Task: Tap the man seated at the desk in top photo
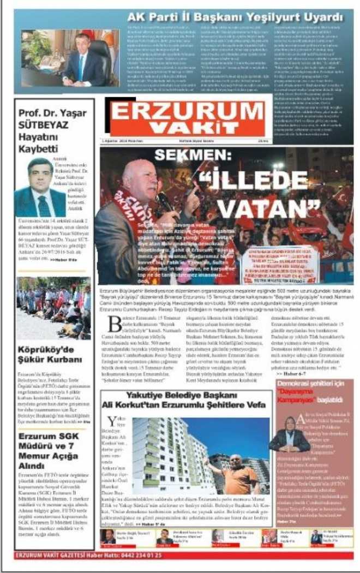point(87,61)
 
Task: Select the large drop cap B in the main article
point(115,323)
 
